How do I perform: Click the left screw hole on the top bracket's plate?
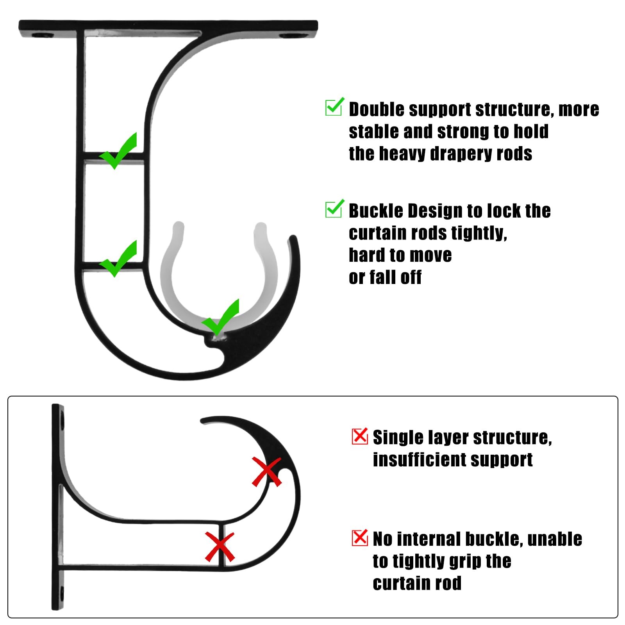pyautogui.click(x=43, y=35)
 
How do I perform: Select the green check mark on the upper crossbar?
pyautogui.click(x=118, y=151)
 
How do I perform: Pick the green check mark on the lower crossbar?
pyautogui.click(x=118, y=259)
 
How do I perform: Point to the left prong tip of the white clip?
pyautogui.click(x=178, y=226)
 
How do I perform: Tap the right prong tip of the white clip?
pyautogui.click(x=260, y=227)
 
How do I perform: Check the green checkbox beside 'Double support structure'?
pyautogui.click(x=335, y=106)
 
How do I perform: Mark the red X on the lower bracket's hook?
pyautogui.click(x=267, y=472)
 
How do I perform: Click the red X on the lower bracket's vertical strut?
pyautogui.click(x=220, y=547)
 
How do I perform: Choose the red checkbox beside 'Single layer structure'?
pyautogui.click(x=360, y=436)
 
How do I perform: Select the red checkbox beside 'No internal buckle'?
pyautogui.click(x=360, y=538)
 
